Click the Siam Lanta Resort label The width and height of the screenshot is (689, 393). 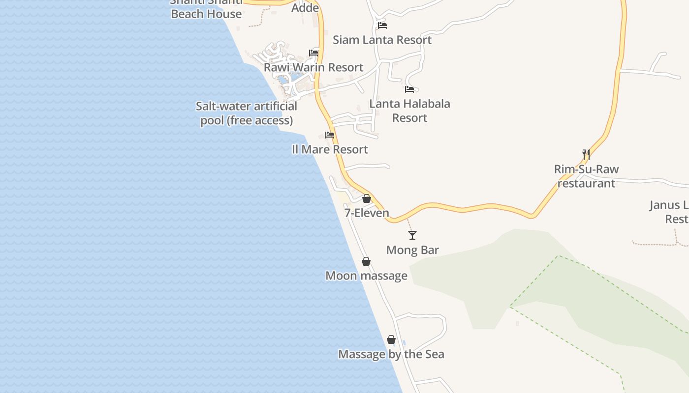[x=382, y=40]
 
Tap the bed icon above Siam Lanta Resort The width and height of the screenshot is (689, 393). [x=382, y=26]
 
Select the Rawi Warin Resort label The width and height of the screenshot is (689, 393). [x=313, y=67]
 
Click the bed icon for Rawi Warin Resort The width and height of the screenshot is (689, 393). [x=313, y=53]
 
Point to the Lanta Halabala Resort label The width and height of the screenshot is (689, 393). [x=409, y=111]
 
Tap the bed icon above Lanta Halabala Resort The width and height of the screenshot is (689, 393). [x=409, y=89]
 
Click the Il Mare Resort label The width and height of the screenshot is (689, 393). [x=330, y=149]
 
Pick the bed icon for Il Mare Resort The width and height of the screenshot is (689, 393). [x=330, y=135]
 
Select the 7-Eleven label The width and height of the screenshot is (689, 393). [x=367, y=213]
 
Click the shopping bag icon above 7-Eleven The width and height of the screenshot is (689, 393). [x=366, y=198]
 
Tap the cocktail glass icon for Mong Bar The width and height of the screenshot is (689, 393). [x=412, y=235]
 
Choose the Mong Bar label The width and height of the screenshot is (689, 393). [x=412, y=250]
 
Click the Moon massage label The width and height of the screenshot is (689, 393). [x=366, y=276]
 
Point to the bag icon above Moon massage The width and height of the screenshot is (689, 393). [x=366, y=261]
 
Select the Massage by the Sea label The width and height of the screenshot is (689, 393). [x=391, y=354]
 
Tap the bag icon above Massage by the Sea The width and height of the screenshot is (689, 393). [x=391, y=339]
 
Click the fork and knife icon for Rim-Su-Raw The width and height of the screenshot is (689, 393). [x=586, y=155]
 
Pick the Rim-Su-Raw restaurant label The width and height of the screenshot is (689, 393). [x=586, y=176]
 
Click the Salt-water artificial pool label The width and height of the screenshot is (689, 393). [x=247, y=113]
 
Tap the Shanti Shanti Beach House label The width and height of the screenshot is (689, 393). [x=207, y=10]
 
